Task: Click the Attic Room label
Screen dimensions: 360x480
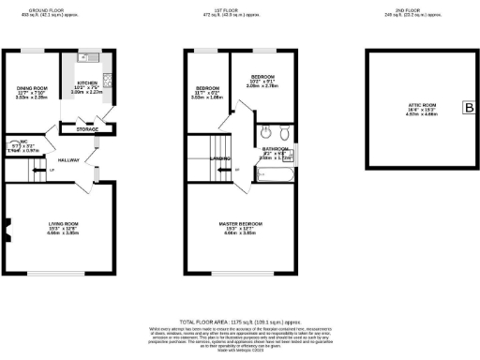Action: point(416,110)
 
